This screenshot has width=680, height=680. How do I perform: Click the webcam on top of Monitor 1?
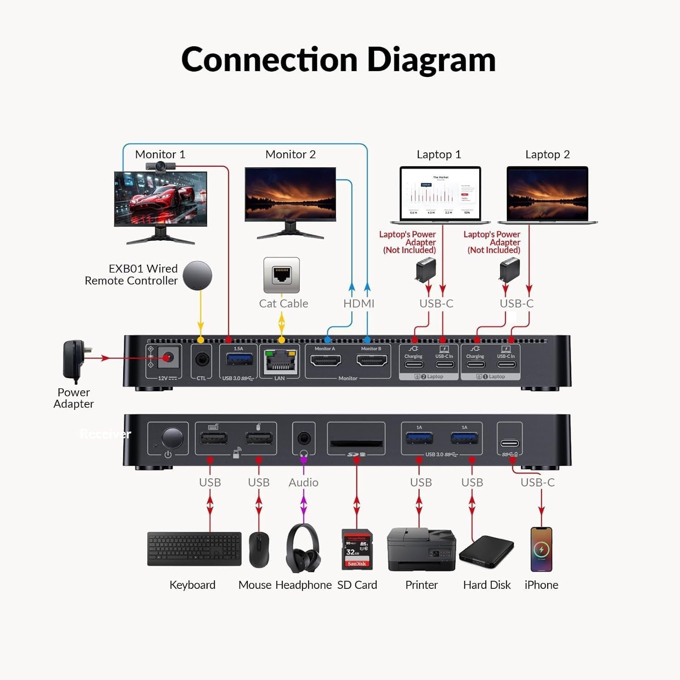pos(160,167)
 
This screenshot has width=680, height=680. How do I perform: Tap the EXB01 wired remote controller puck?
pos(198,276)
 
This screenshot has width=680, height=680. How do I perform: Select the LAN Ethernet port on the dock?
pos(281,361)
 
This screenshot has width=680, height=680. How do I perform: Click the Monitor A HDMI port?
pos(325,361)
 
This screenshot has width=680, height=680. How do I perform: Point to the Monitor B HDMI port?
pos(372,361)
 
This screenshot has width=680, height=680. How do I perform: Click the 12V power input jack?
pos(168,358)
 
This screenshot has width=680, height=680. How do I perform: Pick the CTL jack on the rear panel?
pos(202,359)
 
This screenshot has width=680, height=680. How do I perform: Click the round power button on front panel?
pos(172,438)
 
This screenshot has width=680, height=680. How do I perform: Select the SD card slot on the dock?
pos(356,443)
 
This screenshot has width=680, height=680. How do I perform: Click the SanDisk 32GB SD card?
pos(357,549)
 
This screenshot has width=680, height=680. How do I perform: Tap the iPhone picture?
pos(541,549)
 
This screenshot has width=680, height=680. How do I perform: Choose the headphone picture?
pos(303,548)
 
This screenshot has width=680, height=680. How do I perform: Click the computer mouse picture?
pos(259,549)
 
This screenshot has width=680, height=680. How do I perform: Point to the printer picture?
pos(421,549)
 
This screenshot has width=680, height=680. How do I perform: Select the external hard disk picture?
pos(486,551)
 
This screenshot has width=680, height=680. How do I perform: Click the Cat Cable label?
pos(283,303)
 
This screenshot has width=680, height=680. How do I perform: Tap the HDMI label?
pos(359,303)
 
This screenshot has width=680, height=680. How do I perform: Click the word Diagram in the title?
pos(431,59)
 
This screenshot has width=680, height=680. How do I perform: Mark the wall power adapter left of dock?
pos(75,360)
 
